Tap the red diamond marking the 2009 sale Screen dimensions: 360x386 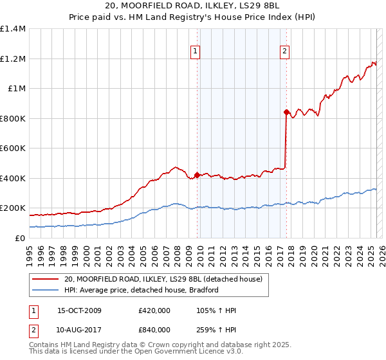(197, 174)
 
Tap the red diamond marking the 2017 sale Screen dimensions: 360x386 (286, 112)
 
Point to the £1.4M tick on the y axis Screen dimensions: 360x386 (14, 29)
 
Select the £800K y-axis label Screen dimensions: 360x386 (12, 118)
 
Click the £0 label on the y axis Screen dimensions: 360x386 (21, 238)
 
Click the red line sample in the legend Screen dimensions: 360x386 (44, 280)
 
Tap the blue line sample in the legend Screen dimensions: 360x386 (44, 291)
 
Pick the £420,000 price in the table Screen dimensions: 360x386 (154, 311)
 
